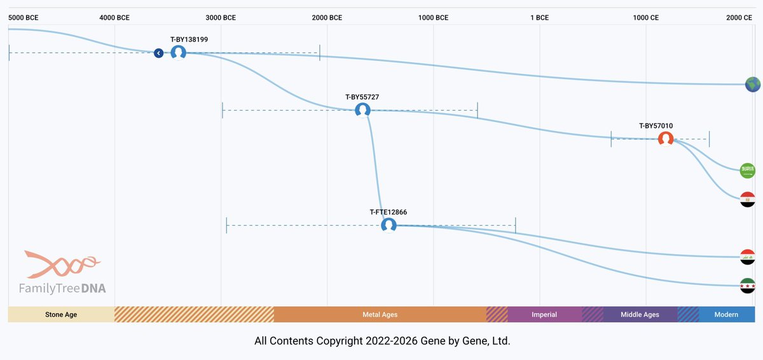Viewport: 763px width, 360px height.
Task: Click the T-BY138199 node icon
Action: (178, 53)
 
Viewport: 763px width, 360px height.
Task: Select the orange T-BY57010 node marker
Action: (665, 139)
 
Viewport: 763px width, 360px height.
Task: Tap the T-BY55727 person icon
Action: (362, 110)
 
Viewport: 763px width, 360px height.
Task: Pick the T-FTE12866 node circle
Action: (388, 225)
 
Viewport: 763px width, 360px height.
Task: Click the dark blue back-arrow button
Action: (159, 53)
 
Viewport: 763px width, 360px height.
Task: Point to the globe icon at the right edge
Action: (753, 84)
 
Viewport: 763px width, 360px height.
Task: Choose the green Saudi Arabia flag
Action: (747, 170)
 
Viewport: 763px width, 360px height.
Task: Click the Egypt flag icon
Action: (748, 199)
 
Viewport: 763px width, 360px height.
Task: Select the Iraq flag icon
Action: (748, 257)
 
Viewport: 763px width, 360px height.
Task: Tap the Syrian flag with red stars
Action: (748, 286)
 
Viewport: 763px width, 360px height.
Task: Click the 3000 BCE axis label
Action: (221, 18)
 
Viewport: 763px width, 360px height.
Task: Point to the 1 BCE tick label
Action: (539, 18)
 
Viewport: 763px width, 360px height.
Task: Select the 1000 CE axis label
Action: (645, 18)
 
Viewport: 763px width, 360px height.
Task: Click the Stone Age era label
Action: (61, 314)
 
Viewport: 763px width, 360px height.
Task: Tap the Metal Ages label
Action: (380, 314)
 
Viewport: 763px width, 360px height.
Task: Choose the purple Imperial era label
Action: (544, 314)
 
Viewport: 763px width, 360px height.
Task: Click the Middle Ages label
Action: (640, 314)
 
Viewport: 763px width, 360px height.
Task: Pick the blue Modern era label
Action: (726, 314)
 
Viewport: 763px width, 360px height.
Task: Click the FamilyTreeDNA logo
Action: (62, 273)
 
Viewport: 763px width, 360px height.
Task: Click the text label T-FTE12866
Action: (388, 212)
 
